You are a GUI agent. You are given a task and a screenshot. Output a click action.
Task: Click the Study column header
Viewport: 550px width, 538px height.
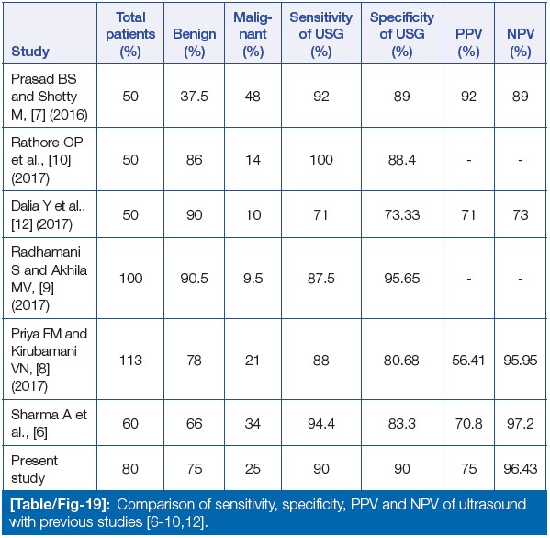30,52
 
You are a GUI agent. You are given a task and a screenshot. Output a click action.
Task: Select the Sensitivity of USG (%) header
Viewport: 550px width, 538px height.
321,34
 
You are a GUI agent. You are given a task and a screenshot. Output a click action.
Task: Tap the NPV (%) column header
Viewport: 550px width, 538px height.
521,43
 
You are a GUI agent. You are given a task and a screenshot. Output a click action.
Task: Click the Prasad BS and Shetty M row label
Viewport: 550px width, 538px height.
49,97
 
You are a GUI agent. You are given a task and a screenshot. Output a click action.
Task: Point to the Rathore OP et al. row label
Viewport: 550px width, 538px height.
47,160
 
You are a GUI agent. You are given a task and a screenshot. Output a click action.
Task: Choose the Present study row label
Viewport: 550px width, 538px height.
34,469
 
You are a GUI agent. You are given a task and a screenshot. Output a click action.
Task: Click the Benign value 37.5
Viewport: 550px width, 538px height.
194,97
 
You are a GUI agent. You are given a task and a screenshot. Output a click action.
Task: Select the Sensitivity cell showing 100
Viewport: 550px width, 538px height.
321,160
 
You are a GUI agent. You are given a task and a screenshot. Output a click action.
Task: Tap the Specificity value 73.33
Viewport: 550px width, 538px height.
402,214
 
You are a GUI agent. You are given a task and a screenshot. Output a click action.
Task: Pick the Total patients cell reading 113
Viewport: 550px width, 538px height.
130,361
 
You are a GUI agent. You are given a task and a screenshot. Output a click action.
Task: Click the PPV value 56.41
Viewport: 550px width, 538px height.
468,361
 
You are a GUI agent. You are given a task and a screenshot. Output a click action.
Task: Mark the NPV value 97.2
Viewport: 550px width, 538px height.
521,423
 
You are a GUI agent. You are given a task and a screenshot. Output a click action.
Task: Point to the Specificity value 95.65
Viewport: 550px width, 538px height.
402,279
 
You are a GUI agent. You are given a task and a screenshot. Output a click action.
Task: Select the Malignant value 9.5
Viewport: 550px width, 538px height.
253,279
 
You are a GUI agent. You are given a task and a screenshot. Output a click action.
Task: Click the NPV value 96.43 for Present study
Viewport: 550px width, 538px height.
521,469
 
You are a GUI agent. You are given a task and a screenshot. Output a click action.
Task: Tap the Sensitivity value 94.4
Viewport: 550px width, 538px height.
321,423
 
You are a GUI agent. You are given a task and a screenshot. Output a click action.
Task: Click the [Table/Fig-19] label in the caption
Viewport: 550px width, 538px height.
60,505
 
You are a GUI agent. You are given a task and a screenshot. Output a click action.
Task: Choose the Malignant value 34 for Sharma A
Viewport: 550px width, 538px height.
253,423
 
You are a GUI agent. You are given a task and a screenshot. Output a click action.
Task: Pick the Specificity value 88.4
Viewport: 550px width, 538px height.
402,160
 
